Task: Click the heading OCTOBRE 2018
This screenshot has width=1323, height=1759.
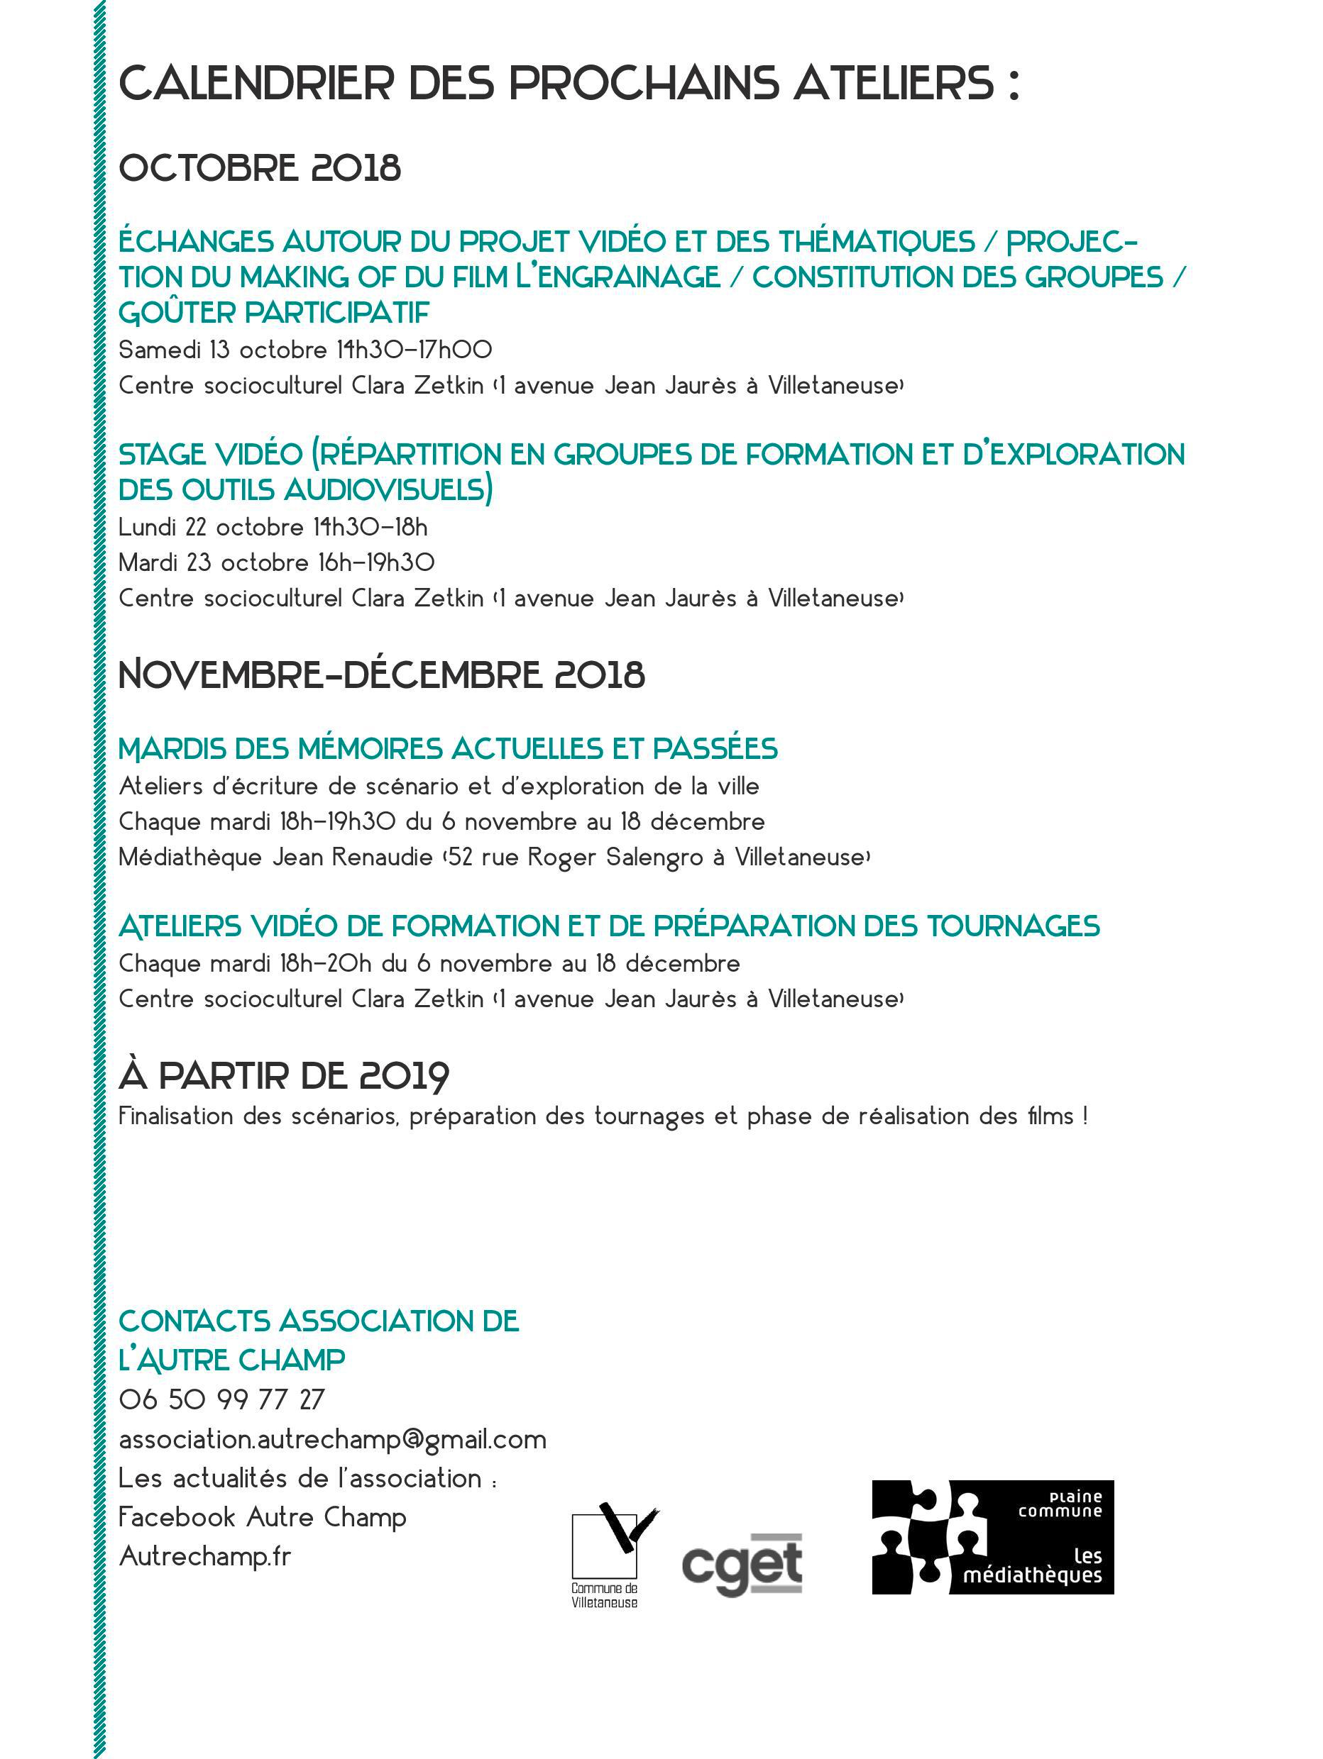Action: click(x=259, y=168)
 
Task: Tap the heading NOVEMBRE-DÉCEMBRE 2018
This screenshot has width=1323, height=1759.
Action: click(x=381, y=675)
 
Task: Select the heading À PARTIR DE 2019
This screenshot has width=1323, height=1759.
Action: click(x=284, y=1076)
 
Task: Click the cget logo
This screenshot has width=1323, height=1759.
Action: click(x=742, y=1564)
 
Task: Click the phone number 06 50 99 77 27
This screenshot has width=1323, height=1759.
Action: click(x=221, y=1399)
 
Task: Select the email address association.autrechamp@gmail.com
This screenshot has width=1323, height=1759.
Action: click(x=331, y=1439)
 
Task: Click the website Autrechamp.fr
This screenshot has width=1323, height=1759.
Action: click(x=204, y=1556)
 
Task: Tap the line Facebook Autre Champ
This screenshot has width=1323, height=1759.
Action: click(x=262, y=1517)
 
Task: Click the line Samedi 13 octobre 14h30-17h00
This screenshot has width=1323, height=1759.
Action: click(x=304, y=350)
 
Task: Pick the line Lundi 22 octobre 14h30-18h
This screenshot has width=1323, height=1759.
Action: click(x=273, y=527)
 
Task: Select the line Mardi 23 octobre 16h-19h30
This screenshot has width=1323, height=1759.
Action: click(x=276, y=563)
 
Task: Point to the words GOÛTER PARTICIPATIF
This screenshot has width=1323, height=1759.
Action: click(x=274, y=313)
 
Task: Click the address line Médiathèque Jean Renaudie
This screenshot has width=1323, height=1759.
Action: click(x=494, y=858)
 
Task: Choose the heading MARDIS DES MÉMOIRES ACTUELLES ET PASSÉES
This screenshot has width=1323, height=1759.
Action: click(x=448, y=749)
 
